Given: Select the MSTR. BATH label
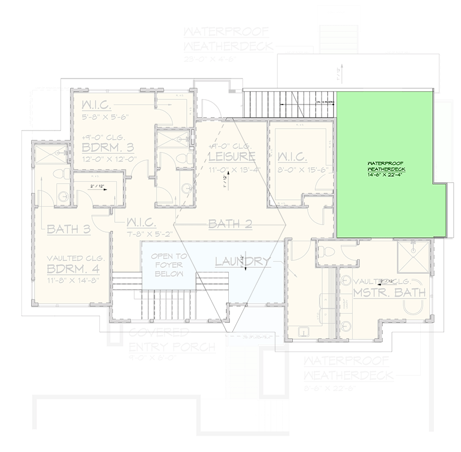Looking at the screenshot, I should pyautogui.click(x=390, y=293).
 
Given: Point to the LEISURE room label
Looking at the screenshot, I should pyautogui.click(x=232, y=157).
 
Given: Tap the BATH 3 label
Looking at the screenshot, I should pyautogui.click(x=69, y=230).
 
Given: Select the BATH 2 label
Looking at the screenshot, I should pyautogui.click(x=230, y=224).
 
